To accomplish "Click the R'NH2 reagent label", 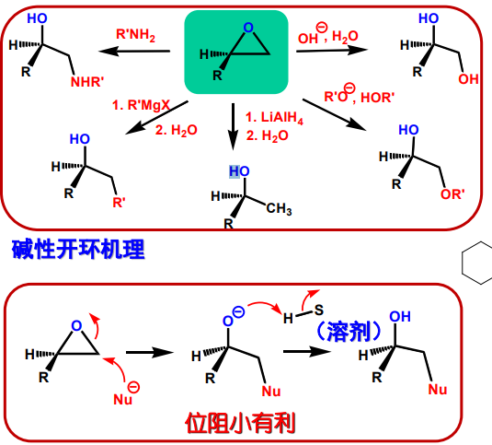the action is click(135, 35).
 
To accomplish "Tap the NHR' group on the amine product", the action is click(87, 82).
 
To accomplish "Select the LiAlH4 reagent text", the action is click(274, 118).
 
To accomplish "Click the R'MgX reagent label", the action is click(141, 105).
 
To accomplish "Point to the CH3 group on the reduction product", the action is click(279, 208).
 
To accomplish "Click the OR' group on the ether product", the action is click(452, 194).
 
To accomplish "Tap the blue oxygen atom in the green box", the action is click(248, 28).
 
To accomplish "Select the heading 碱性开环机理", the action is click(78, 249).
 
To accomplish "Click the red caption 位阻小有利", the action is click(240, 423).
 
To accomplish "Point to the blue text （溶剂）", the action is click(349, 332).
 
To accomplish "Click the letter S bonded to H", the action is click(319, 310).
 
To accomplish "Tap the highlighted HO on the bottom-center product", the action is click(239, 171).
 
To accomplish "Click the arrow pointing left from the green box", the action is click(134, 51).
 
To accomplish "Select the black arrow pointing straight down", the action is click(233, 126).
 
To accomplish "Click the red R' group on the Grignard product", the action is click(119, 203).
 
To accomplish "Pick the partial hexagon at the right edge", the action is click(477, 263).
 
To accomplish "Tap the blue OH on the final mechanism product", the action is click(400, 316).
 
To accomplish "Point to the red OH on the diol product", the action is click(468, 79).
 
